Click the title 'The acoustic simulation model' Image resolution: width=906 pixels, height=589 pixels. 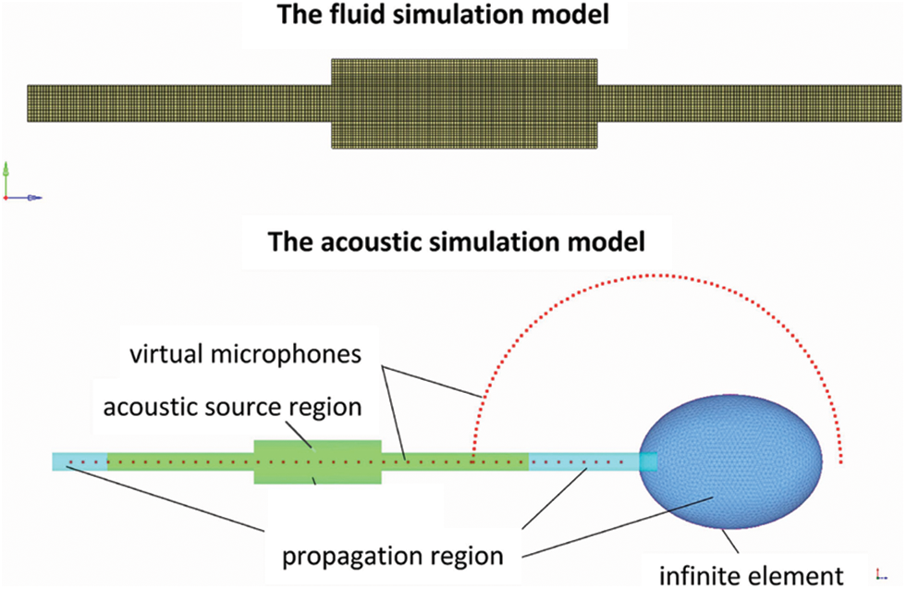point(452,242)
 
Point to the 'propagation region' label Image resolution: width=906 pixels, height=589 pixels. point(393,557)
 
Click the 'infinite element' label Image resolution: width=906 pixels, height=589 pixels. point(751,575)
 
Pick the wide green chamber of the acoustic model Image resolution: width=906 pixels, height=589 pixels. point(317,460)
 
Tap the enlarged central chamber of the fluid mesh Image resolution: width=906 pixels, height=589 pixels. point(465,103)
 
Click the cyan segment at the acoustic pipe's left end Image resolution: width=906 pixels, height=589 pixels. point(80,460)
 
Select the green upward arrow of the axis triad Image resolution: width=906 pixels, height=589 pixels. point(6,172)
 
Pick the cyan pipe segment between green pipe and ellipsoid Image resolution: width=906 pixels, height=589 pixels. point(587,460)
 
